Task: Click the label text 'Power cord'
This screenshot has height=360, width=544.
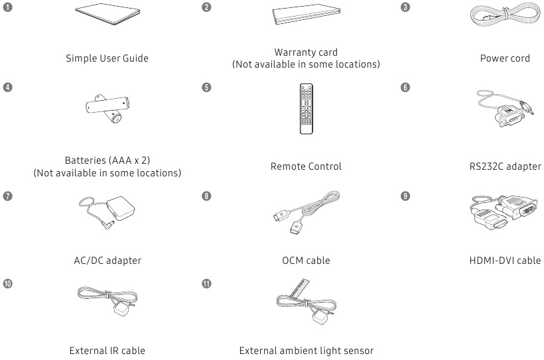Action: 505,58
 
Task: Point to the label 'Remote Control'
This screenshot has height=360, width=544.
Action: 306,167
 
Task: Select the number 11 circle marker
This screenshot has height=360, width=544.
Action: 207,283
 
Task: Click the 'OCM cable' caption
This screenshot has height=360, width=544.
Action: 306,261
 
